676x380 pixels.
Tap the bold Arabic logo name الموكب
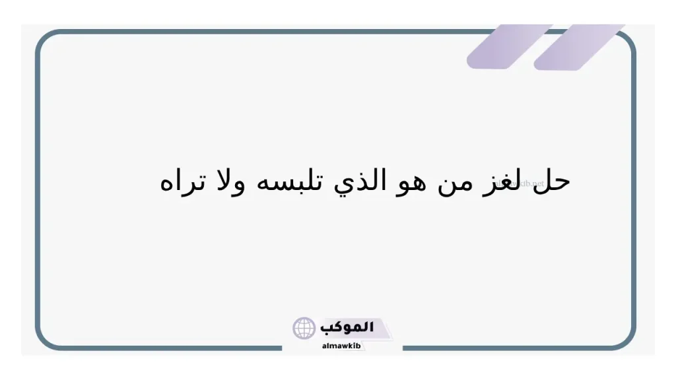click(x=347, y=327)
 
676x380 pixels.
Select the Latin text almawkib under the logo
click(x=341, y=346)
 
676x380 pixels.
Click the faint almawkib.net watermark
click(x=525, y=183)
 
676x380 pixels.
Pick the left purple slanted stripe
click(x=508, y=46)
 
